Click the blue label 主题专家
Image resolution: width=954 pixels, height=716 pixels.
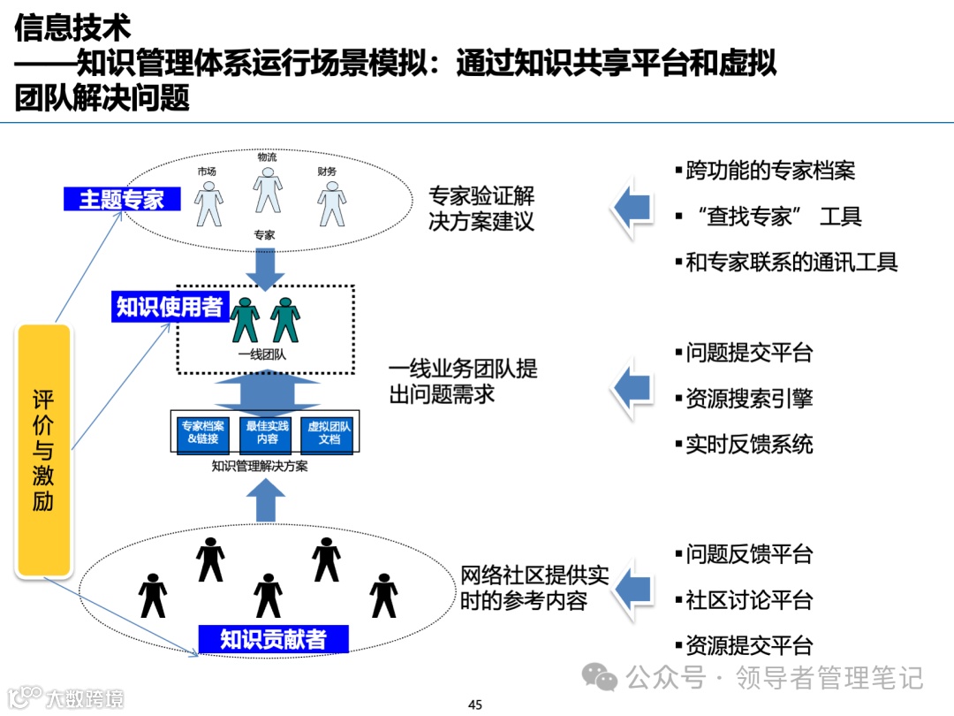coord(121,199)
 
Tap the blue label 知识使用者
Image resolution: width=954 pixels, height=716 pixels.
coord(169,307)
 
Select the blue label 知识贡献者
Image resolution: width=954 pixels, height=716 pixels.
coord(273,638)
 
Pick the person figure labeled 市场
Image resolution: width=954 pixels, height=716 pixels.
coord(208,204)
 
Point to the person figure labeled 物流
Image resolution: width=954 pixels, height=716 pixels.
coord(267,190)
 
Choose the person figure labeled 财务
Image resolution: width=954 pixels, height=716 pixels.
coord(330,204)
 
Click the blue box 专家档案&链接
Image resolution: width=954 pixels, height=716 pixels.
coord(202,433)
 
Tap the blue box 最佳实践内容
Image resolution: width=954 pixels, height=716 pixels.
coord(267,433)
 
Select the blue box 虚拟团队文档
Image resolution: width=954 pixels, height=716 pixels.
coord(329,433)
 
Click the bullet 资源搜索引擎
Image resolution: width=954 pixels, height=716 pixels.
coord(748,399)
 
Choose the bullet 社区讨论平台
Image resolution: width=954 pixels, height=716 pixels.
coord(748,600)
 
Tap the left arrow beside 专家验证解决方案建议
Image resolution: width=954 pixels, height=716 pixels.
coord(632,209)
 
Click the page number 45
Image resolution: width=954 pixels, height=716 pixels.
coord(475,705)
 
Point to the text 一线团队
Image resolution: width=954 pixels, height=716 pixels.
coord(261,355)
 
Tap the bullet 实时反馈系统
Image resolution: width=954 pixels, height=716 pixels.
coord(748,444)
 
